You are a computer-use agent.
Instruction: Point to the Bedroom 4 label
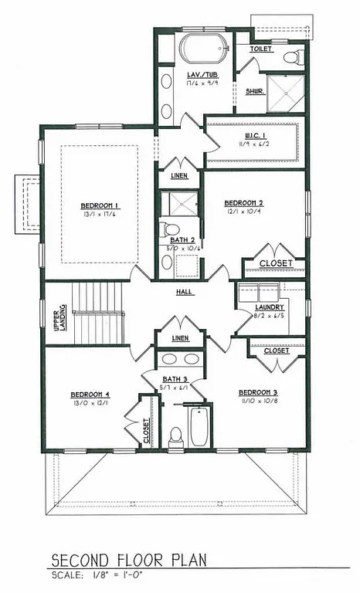tap(90, 394)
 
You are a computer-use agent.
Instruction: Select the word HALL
tap(184, 292)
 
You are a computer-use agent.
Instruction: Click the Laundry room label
tap(270, 307)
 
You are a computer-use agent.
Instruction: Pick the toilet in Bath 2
tap(171, 229)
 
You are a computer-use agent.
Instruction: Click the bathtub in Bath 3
tap(199, 427)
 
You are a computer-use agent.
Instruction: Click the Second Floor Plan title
tap(129, 559)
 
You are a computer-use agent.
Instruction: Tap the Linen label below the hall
tap(180, 339)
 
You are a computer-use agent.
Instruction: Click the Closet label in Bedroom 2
tap(276, 264)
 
